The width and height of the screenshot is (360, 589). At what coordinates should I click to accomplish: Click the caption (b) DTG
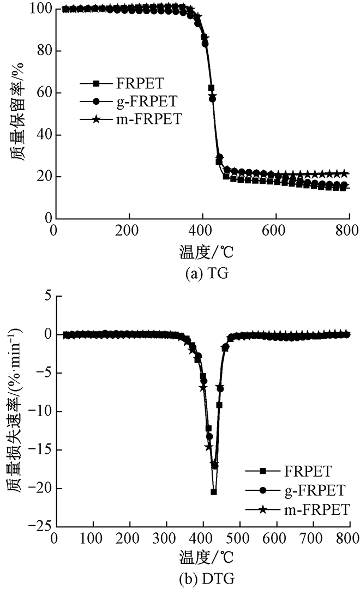point(201,579)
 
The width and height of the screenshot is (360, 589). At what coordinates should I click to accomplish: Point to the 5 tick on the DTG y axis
point(46,296)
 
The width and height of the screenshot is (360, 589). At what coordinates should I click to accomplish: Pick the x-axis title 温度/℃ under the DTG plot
point(201,559)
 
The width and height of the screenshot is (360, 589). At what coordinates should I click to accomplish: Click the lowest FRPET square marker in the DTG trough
point(214,492)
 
